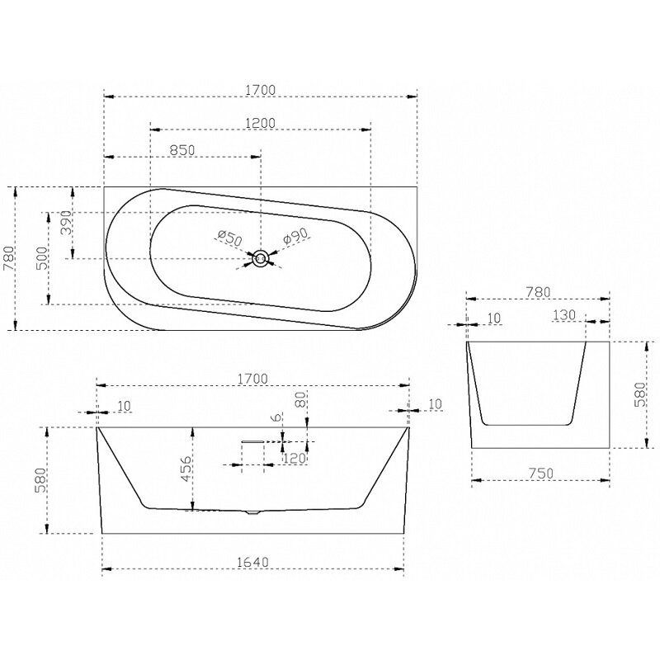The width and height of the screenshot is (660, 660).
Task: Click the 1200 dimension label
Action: [260, 123]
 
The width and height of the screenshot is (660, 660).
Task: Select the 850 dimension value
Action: [182, 150]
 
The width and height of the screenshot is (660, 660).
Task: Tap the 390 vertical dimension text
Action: [66, 223]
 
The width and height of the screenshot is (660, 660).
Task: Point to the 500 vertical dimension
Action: [42, 258]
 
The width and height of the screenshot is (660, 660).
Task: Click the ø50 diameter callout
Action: [230, 238]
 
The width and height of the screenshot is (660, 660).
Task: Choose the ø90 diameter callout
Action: [296, 236]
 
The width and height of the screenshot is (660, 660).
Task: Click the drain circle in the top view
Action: [261, 258]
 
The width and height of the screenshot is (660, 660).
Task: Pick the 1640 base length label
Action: [252, 562]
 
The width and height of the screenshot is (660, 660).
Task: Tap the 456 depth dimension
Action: [186, 468]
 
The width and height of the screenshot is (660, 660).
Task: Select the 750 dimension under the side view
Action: [541, 473]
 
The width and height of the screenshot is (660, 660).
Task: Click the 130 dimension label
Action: [564, 315]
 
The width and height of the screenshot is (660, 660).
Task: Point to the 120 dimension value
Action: [295, 458]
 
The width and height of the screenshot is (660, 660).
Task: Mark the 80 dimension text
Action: [299, 398]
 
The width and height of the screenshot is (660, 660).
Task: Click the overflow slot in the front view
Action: [252, 441]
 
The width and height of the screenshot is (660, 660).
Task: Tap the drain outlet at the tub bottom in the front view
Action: [253, 512]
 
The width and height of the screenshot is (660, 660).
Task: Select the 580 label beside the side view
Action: [639, 394]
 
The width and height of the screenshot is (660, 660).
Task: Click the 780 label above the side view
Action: [538, 292]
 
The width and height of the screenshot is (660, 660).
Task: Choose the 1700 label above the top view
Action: [260, 90]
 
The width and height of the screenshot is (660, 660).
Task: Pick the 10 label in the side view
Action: [494, 318]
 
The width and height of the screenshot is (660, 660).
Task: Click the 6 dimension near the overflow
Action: [276, 417]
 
